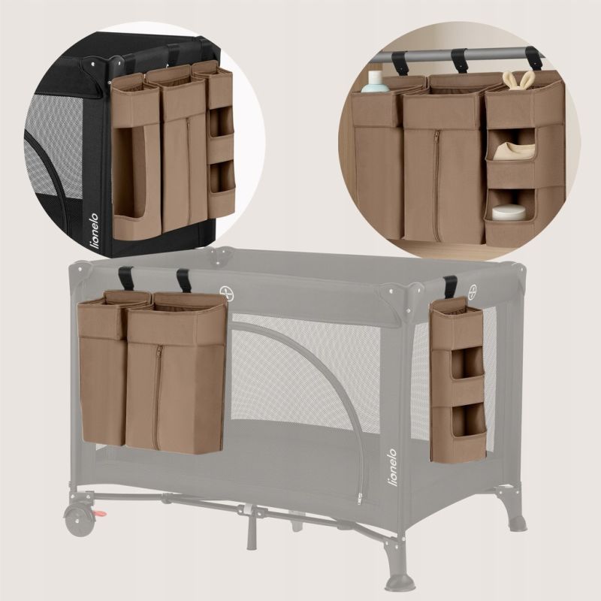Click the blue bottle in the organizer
[375, 82]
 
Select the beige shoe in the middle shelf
[514, 151]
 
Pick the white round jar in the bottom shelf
[509, 213]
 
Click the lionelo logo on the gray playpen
[392, 467]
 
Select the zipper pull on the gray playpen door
[360, 498]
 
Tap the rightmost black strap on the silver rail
[533, 59]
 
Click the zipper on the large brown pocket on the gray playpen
[157, 397]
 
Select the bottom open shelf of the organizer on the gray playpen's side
[467, 420]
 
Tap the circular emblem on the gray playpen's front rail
[227, 292]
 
